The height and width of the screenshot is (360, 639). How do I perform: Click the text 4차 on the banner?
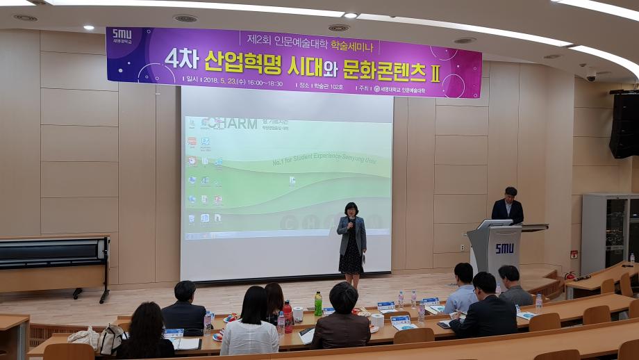(x=182, y=60)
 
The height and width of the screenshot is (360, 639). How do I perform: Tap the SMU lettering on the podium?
(x=504, y=248)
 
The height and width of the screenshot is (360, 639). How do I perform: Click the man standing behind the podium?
(x=508, y=206)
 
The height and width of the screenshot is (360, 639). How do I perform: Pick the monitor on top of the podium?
(x=494, y=224)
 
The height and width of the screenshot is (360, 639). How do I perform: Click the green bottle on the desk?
(x=318, y=304)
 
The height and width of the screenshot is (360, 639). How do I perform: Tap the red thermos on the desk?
(x=288, y=317)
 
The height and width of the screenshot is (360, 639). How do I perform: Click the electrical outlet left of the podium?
(x=462, y=247)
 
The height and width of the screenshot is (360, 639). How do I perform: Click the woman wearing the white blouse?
(x=250, y=327)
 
